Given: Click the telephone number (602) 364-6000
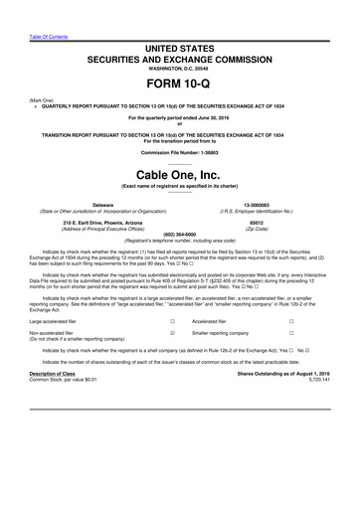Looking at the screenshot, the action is coord(179,235).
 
